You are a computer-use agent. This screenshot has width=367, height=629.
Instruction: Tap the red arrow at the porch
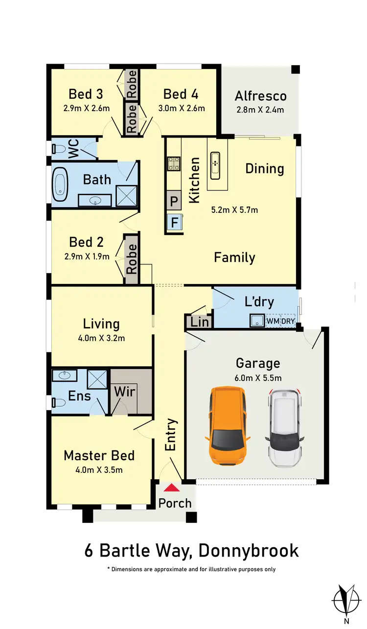pos(171,488)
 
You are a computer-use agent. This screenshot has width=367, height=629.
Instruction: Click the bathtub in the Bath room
pos(61,185)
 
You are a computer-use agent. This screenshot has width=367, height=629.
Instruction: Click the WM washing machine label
pos(273,321)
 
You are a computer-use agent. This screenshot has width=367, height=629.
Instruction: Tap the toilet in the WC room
pos(58,148)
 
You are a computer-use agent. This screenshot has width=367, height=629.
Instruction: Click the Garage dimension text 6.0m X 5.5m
pos(258,377)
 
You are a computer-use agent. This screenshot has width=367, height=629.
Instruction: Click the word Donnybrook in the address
pos(248,550)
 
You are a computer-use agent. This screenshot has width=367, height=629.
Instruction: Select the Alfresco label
pos(260,96)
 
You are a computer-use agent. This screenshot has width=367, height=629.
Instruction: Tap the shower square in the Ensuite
pos(97,379)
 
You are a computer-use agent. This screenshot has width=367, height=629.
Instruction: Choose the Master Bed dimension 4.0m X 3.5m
pos(99,470)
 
